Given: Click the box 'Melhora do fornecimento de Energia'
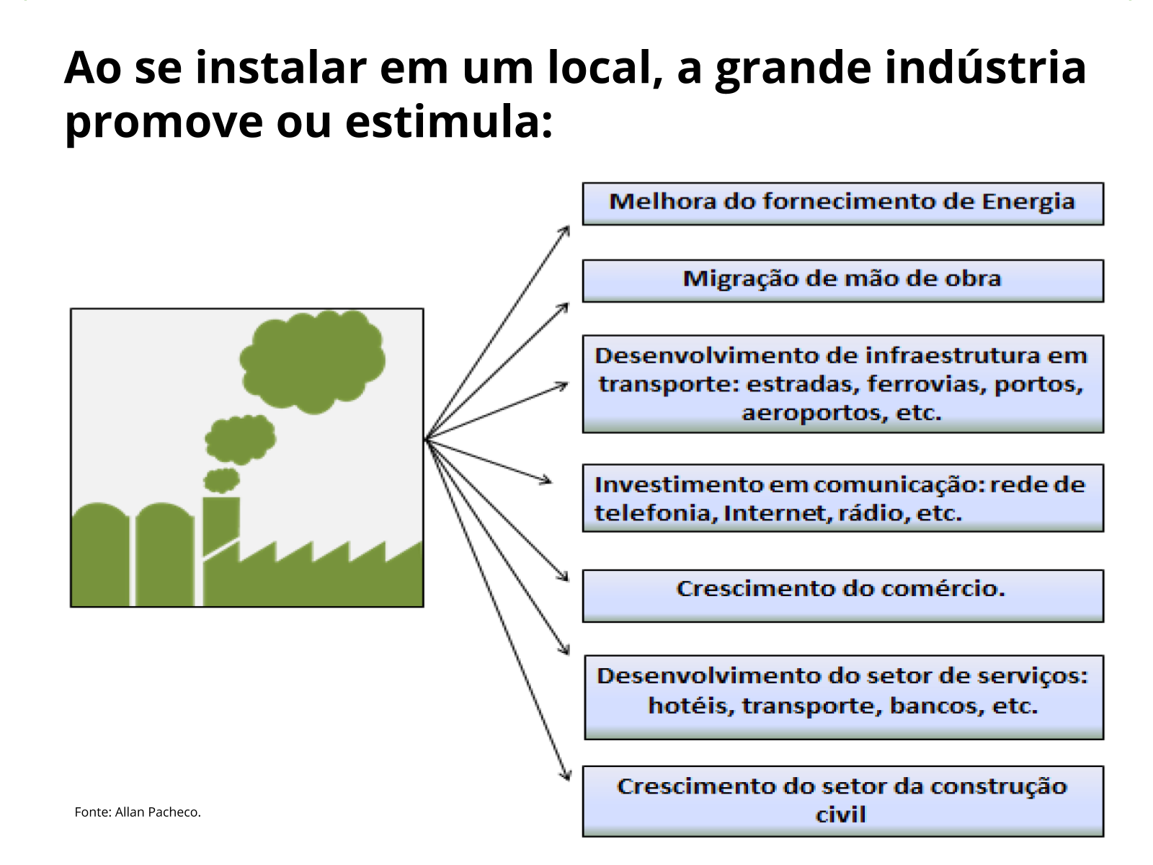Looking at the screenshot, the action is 842,204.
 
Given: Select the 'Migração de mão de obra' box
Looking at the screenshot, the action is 842,281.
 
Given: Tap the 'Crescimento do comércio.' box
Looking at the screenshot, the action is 842,596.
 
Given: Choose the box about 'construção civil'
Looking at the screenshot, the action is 842,802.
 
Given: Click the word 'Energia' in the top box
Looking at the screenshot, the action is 1028,203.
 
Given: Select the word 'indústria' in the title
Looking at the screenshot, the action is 985,68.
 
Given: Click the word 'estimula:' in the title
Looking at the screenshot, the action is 449,122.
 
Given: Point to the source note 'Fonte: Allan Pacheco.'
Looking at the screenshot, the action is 138,812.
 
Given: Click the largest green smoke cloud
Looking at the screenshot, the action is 313,361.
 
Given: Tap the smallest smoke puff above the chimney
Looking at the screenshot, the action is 222,480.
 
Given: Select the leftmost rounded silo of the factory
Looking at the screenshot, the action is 100,554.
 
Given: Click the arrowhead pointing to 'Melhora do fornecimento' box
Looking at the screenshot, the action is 565,231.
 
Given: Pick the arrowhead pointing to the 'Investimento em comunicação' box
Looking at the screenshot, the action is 546,480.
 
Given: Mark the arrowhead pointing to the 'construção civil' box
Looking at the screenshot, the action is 566,774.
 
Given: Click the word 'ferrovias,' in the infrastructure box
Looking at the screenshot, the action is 927,384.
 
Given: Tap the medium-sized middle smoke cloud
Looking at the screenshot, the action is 240,440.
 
